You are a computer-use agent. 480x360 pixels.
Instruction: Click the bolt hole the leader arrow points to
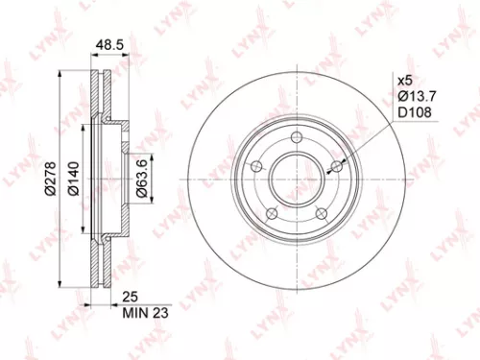click(336, 169)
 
